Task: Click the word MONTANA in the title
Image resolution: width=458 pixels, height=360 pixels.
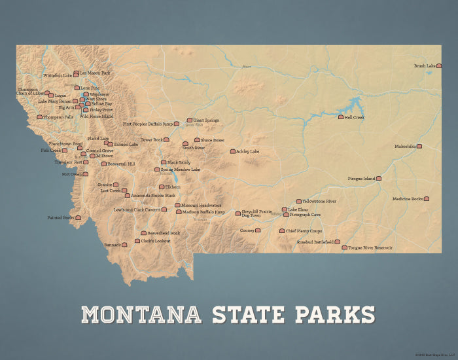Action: tap(141, 314)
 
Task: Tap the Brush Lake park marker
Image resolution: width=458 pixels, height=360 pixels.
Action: tap(439, 66)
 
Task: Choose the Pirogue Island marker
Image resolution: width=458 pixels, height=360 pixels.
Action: tap(378, 178)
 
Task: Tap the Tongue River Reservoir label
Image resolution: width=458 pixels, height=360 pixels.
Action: tap(370, 248)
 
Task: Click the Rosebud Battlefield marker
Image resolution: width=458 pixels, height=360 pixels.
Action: tap(338, 242)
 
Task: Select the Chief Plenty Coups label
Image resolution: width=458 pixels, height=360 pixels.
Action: tap(304, 231)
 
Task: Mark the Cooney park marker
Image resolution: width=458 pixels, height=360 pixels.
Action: tap(258, 230)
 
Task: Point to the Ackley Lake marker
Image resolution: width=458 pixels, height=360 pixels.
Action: tap(232, 151)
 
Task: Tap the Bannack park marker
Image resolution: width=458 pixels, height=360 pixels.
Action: tap(124, 245)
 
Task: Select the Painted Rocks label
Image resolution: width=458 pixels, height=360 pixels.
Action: tap(60, 217)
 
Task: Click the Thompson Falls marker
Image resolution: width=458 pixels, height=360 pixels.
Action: tap(39, 117)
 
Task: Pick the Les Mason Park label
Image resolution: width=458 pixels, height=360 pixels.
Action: tap(96, 73)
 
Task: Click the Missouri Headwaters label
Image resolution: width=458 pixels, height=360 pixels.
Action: tap(202, 205)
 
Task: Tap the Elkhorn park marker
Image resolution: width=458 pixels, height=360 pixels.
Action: tap(162, 187)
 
